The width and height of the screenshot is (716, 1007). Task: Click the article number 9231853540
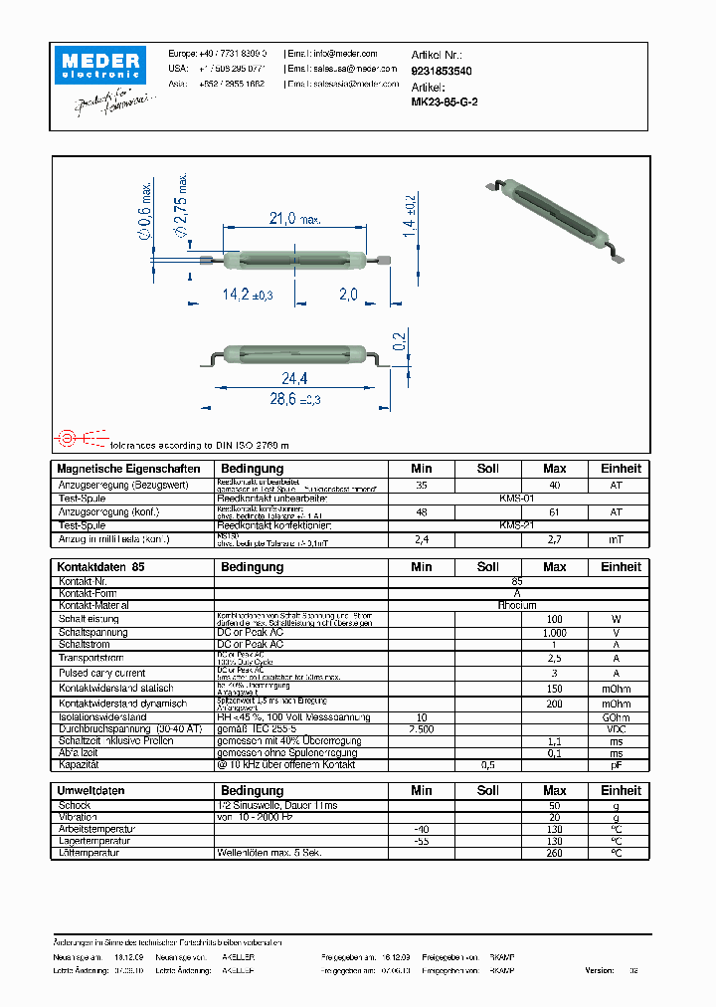pos(442,72)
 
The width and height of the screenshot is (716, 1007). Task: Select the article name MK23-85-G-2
pos(445,101)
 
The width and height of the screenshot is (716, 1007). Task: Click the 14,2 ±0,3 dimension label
pos(247,296)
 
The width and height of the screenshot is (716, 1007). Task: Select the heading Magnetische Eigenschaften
pos(128,469)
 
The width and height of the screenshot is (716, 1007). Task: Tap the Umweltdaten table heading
pos(90,790)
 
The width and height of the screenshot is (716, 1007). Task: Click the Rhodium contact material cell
pos(517,605)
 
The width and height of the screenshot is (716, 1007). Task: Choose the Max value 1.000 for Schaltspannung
pos(554,632)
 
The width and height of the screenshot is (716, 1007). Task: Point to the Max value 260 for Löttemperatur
pos(554,853)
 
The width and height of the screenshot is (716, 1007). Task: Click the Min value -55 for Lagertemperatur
pos(422,841)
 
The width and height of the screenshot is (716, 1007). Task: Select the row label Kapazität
pos(81,765)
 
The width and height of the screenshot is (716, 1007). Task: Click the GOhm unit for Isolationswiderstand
pos(616,717)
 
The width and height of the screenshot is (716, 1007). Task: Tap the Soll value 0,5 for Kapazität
pos(487,765)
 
